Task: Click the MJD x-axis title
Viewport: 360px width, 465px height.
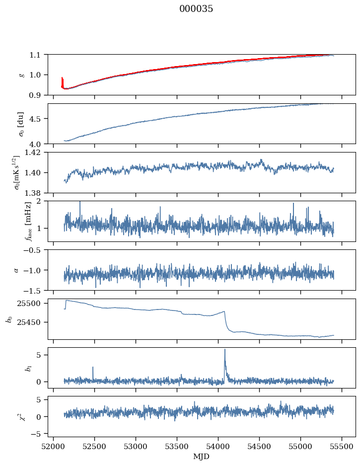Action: pyautogui.click(x=202, y=456)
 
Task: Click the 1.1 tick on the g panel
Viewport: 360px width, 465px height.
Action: pyautogui.click(x=38, y=55)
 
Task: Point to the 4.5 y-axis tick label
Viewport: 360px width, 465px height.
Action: pyautogui.click(x=38, y=119)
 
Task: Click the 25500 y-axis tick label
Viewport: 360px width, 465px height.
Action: pyautogui.click(x=33, y=304)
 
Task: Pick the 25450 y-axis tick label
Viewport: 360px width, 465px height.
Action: pyautogui.click(x=33, y=322)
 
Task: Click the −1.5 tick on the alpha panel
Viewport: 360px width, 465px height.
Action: pyautogui.click(x=35, y=290)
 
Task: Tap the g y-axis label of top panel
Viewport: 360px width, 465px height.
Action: pyautogui.click(x=20, y=75)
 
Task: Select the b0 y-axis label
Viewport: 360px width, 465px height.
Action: pyautogui.click(x=8, y=319)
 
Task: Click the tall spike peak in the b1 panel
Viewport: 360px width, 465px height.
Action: pyautogui.click(x=225, y=349)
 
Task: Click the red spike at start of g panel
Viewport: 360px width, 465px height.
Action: pyautogui.click(x=62, y=78)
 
